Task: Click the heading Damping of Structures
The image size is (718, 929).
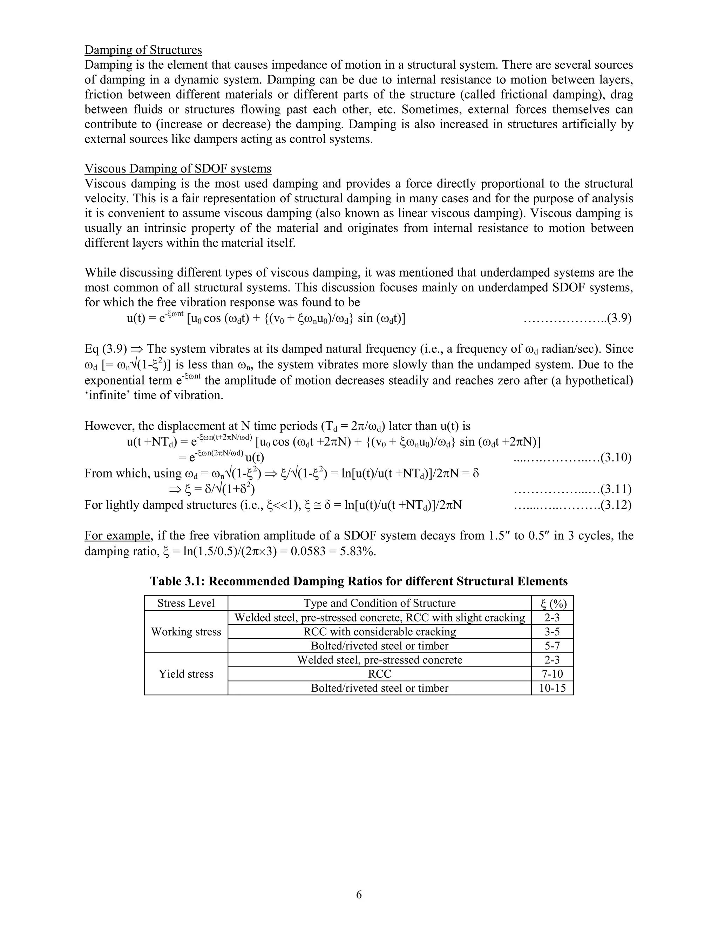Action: [143, 50]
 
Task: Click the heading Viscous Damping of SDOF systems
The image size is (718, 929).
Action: [178, 169]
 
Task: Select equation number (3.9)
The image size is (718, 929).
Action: [618, 318]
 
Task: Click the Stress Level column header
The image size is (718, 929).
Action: [186, 603]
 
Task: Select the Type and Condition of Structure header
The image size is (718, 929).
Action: [379, 603]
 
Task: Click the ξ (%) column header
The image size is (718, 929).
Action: [552, 603]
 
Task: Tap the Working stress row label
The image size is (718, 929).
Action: [186, 632]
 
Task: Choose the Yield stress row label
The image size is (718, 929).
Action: [186, 674]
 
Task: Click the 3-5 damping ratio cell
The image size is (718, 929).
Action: [552, 632]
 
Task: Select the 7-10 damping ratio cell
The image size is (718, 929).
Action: [552, 674]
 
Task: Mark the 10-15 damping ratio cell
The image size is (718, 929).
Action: [552, 688]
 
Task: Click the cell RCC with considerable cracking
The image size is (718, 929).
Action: [379, 632]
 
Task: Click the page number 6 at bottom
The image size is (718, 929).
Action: [359, 895]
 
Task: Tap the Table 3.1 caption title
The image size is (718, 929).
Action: [359, 582]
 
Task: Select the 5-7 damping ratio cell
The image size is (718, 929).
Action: [552, 646]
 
